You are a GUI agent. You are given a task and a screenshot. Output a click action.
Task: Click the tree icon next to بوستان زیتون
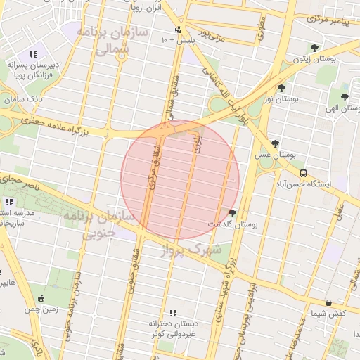[x=314, y=48]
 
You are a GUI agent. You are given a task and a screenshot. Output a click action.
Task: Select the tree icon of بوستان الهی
[x=345, y=98]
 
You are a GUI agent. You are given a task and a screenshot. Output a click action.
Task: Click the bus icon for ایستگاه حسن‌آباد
[x=303, y=173]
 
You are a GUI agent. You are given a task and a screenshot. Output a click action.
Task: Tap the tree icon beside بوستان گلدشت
[x=232, y=213]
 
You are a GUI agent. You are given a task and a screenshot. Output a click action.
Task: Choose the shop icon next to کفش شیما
[x=309, y=302]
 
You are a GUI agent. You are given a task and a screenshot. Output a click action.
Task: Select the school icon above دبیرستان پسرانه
[x=32, y=54]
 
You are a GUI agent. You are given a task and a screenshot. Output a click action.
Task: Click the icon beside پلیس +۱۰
[x=178, y=30]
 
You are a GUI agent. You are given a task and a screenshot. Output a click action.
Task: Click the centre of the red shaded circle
[x=180, y=180]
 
